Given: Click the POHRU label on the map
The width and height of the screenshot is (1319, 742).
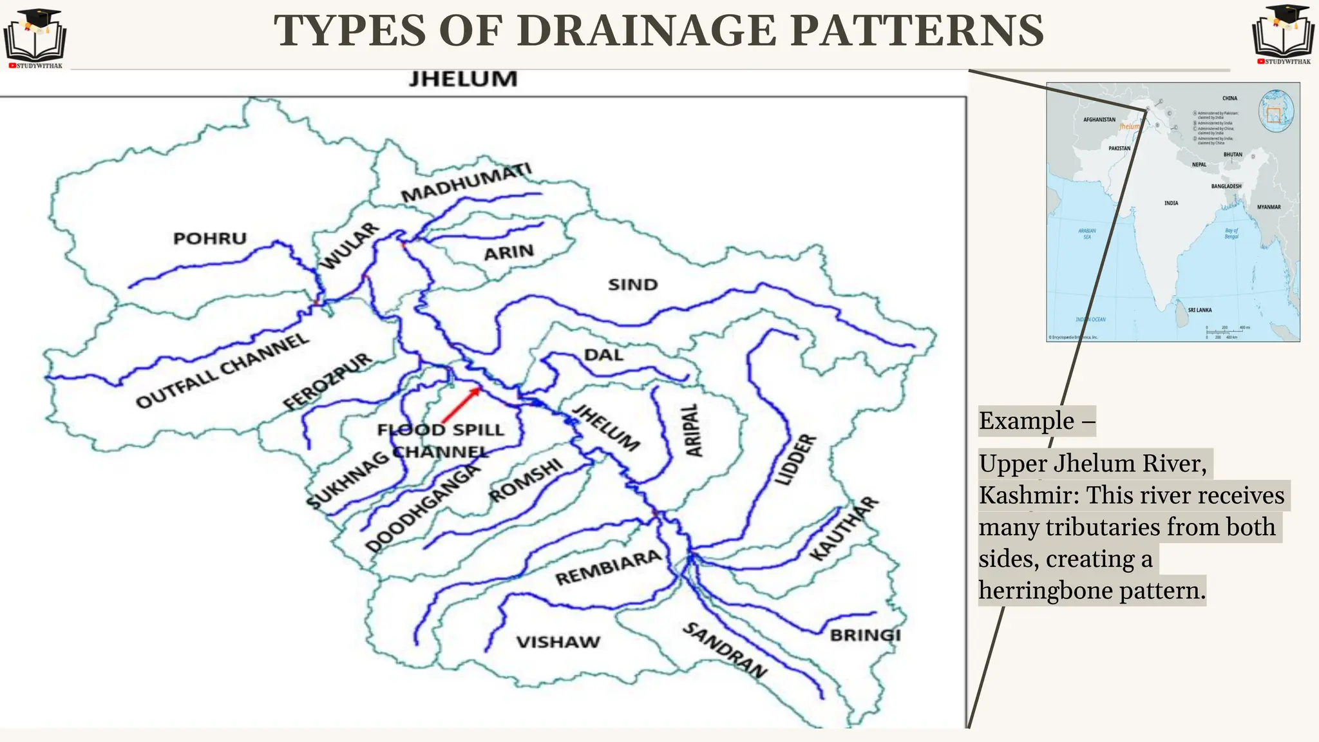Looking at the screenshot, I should pyautogui.click(x=210, y=238).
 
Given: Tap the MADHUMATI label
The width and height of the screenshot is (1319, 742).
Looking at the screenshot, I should pyautogui.click(x=466, y=182).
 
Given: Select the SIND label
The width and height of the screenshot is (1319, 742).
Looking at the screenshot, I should pyautogui.click(x=632, y=285).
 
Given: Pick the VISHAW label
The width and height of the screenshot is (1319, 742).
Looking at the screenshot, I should pyautogui.click(x=558, y=642).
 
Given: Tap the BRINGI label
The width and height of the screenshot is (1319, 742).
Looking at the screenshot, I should pyautogui.click(x=865, y=635).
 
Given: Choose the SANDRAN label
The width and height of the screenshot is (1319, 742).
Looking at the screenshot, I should pyautogui.click(x=725, y=651).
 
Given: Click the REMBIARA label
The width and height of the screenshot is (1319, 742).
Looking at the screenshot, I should pyautogui.click(x=608, y=567).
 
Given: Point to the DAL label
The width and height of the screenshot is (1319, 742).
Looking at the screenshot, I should pyautogui.click(x=603, y=355).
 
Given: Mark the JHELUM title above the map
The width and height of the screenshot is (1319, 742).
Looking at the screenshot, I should pyautogui.click(x=463, y=79).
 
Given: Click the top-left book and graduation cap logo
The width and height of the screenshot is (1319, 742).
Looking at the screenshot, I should pyautogui.click(x=35, y=37).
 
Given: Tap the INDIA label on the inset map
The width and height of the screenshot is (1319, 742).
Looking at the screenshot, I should pyautogui.click(x=1171, y=203).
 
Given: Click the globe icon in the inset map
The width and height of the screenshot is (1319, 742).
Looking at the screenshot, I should pyautogui.click(x=1276, y=111).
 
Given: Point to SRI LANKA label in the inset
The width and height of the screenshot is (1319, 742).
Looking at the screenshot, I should pyautogui.click(x=1199, y=310).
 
